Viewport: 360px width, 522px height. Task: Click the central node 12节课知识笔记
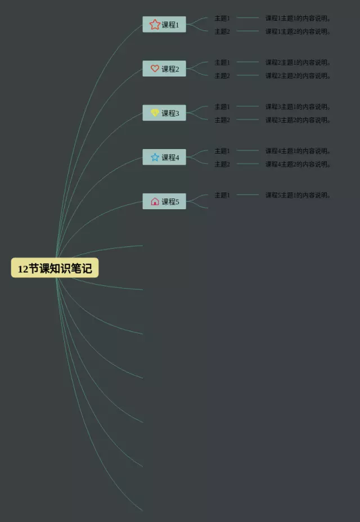tap(55, 268)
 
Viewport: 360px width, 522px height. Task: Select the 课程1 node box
tap(164, 24)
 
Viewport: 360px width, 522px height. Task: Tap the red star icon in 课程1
tap(155, 24)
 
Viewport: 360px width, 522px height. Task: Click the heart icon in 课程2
tap(155, 69)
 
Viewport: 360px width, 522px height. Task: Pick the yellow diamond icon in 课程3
tap(155, 113)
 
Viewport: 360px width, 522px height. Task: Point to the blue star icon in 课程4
tap(155, 157)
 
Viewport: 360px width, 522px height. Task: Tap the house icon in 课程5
tap(155, 201)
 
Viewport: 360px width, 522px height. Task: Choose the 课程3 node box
tap(164, 113)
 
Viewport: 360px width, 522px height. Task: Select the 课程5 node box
tap(164, 201)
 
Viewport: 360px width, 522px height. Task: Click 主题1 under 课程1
tap(222, 18)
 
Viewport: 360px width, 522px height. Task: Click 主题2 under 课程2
tap(222, 76)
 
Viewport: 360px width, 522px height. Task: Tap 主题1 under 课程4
tap(222, 151)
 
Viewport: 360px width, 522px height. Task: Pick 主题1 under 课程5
tap(222, 195)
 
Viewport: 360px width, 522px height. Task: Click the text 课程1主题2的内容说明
tap(298, 31)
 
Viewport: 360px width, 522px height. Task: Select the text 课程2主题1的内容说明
tap(298, 62)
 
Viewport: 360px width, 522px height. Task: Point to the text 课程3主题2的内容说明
tap(298, 120)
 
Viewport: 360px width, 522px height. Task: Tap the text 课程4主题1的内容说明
tap(298, 151)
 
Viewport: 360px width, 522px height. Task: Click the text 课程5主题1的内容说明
tap(298, 195)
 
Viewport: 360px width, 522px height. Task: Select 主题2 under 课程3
tap(222, 120)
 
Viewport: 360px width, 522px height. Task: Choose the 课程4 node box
tap(164, 157)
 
